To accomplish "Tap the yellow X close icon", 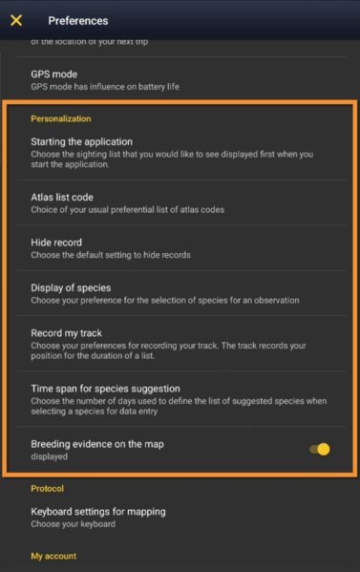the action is point(16,20).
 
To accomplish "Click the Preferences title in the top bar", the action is point(78,20).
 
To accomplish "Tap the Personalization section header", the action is point(61,119).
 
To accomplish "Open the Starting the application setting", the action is point(82,142).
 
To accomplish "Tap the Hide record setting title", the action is point(56,243).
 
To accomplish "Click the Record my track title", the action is point(67,333).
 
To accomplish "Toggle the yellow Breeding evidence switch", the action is point(320,449).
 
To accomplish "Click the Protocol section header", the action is point(48,488).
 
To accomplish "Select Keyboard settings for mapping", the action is point(98,512).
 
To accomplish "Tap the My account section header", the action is point(53,556).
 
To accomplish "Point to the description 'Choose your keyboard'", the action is point(73,524).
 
